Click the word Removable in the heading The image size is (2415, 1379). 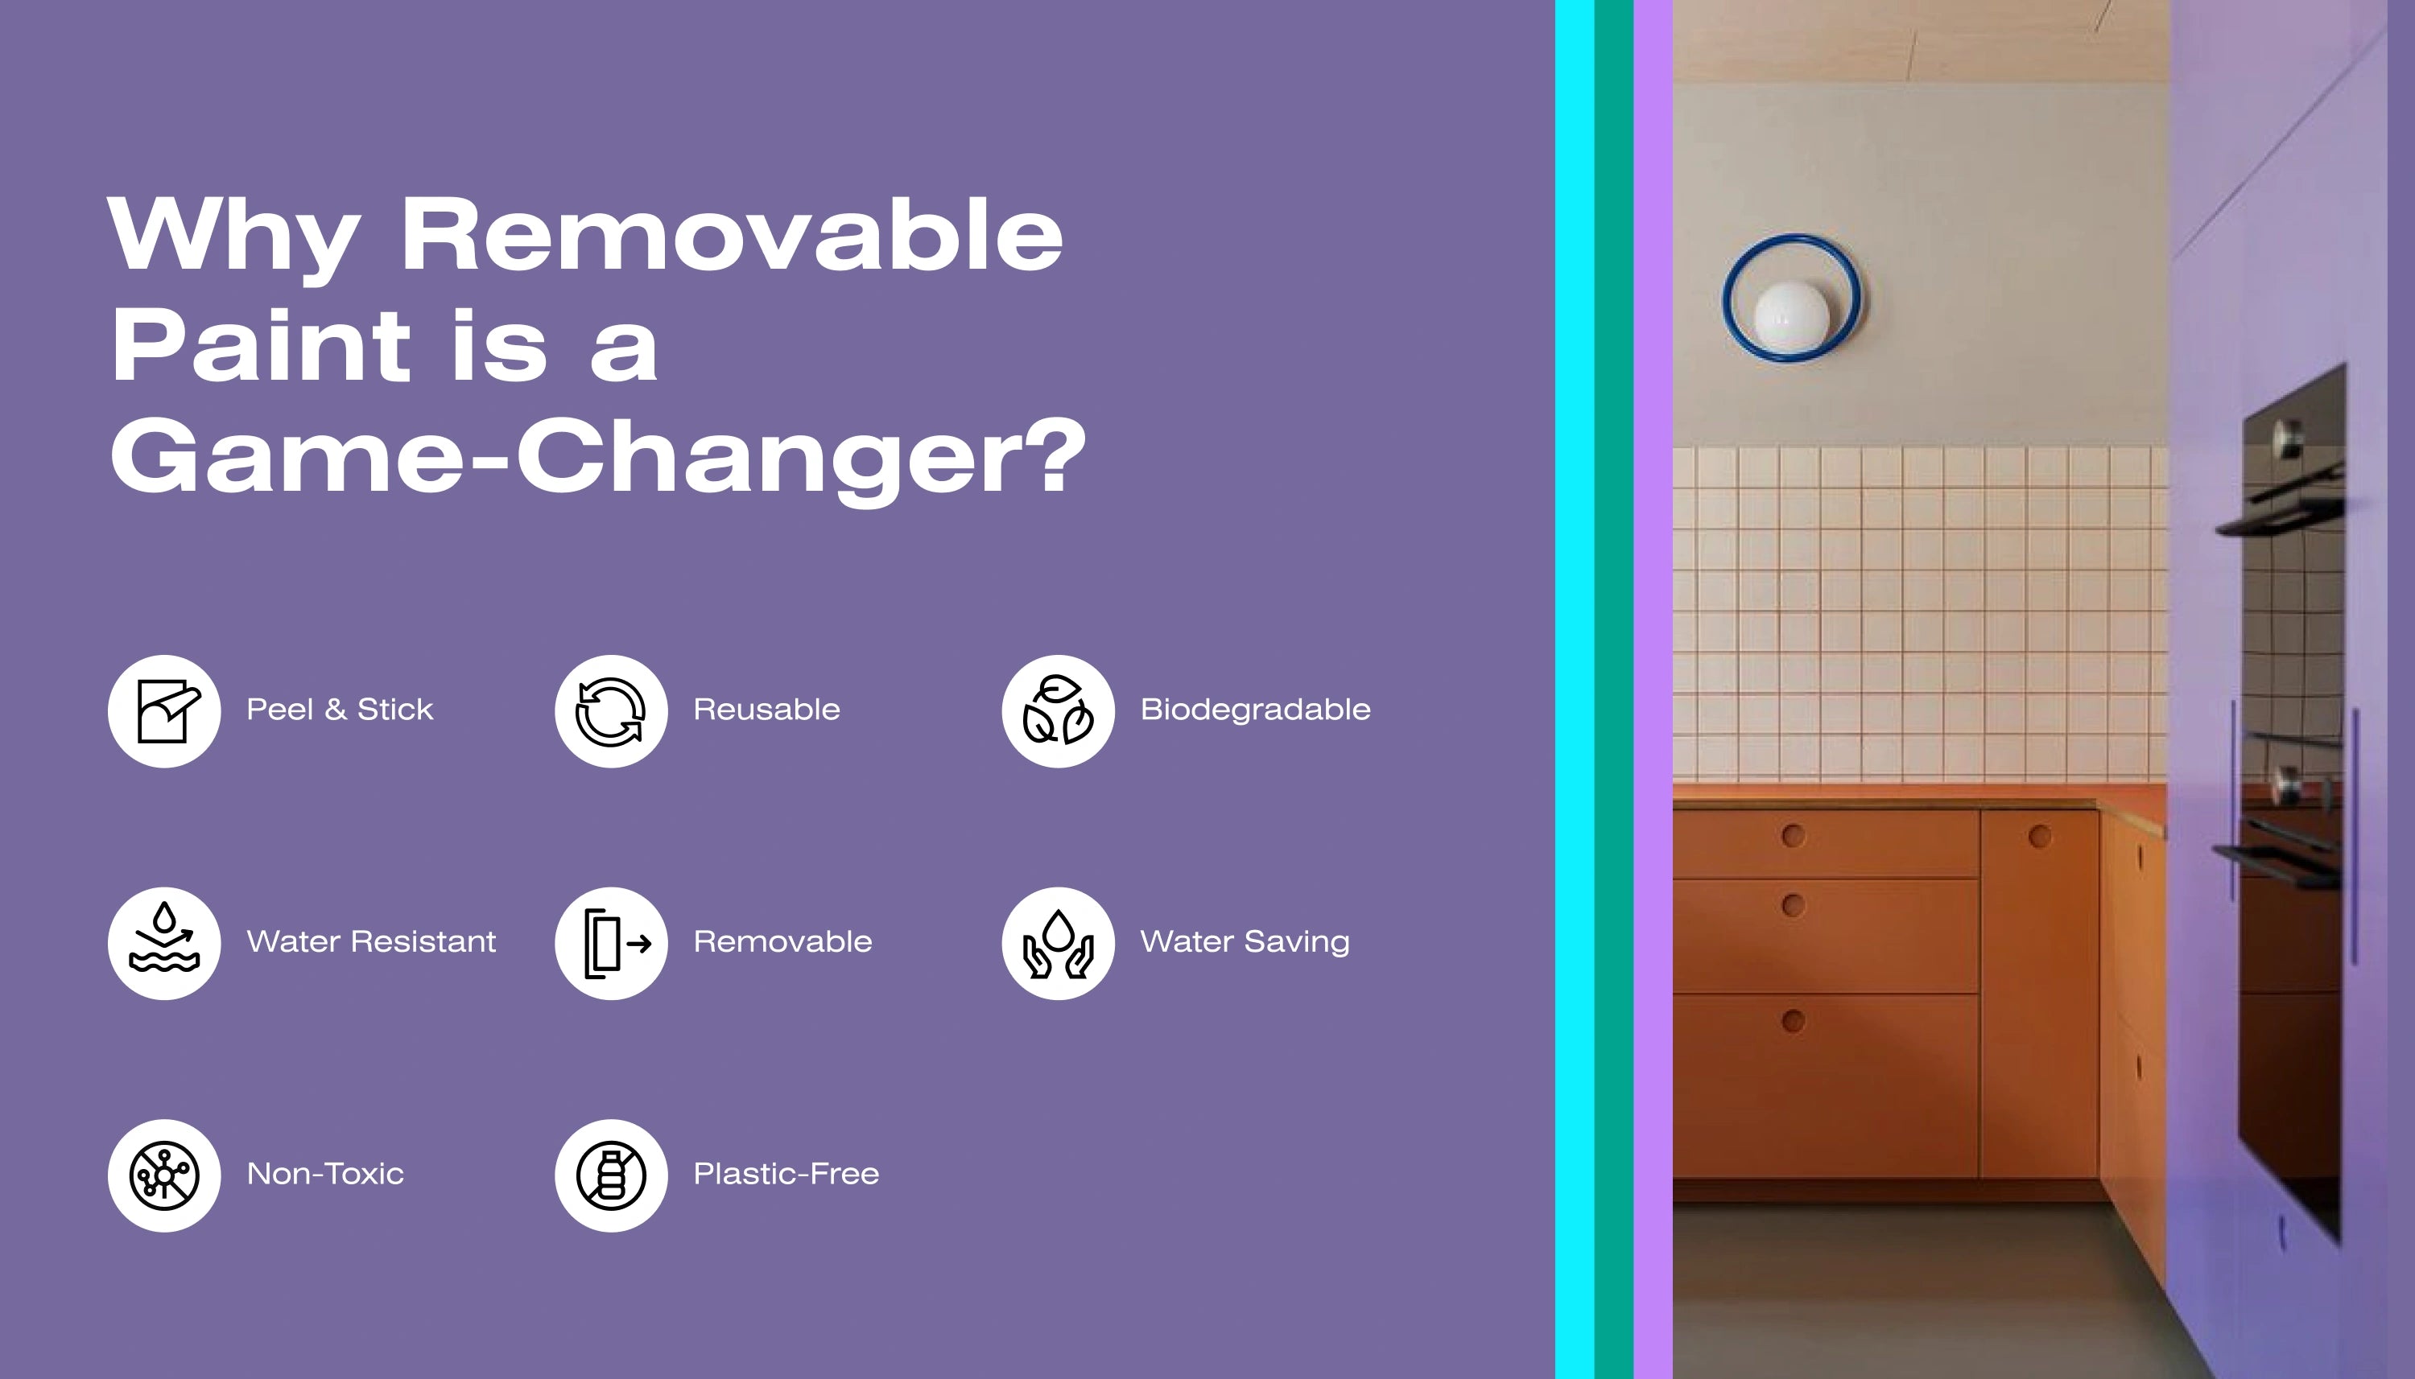click(x=732, y=234)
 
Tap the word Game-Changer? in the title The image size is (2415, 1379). click(x=598, y=459)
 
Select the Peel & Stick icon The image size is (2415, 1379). click(x=164, y=711)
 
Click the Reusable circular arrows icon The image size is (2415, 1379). click(x=611, y=711)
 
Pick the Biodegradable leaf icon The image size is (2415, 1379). click(x=1059, y=711)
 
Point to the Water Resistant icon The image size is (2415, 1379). click(x=164, y=943)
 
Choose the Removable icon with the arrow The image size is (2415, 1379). click(x=611, y=943)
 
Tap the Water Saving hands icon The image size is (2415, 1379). click(x=1059, y=943)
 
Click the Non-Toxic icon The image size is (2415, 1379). click(x=164, y=1175)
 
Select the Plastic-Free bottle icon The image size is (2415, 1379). click(x=611, y=1175)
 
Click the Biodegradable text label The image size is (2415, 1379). click(x=1255, y=710)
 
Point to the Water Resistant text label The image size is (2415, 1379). click(x=371, y=941)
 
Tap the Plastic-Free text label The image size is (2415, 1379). click(x=786, y=1174)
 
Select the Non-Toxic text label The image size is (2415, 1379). click(x=325, y=1174)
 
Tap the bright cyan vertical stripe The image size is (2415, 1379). click(x=1575, y=689)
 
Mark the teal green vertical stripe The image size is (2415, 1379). click(x=1614, y=689)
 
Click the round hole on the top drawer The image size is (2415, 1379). click(x=1793, y=835)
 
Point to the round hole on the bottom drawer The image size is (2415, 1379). click(x=1793, y=1021)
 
